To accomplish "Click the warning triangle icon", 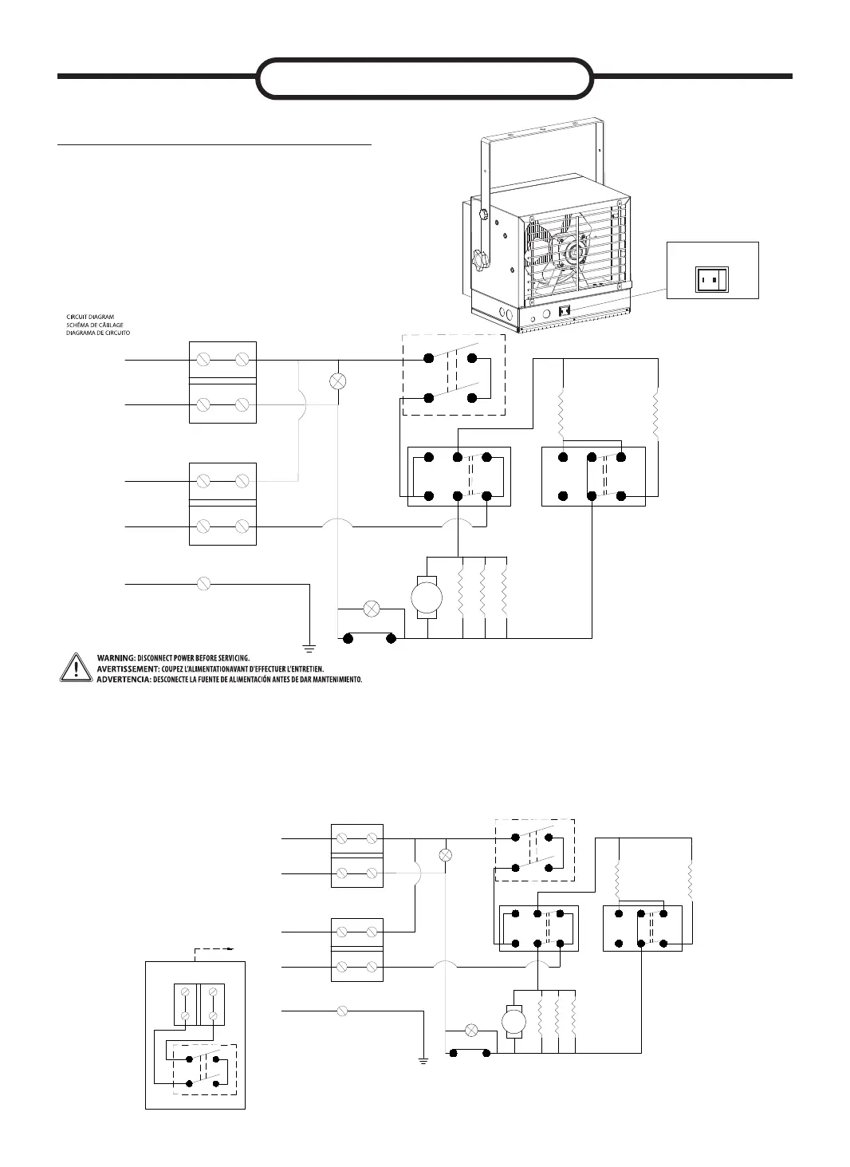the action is point(74,668).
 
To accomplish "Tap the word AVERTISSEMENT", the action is point(128,668).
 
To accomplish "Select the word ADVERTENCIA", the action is point(124,680).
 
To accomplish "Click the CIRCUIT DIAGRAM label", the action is point(90,317).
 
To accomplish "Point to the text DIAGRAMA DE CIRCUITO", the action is point(97,332).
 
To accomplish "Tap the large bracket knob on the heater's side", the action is point(481,258).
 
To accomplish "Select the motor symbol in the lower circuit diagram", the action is point(514,1021).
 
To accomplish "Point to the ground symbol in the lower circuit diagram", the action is point(423,1061).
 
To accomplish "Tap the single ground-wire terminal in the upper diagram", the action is point(203,584).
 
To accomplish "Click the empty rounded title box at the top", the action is point(425,77).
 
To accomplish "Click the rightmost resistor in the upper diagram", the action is point(657,413).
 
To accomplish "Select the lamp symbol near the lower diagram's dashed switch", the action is point(446,855).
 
